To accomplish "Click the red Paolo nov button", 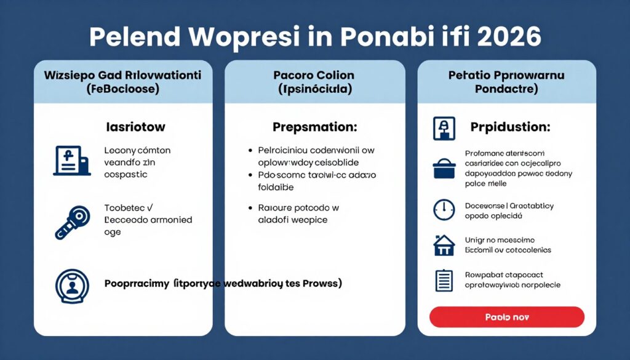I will coord(506,317).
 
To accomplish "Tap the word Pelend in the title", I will coord(129,37).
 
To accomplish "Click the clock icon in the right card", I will coord(444,209).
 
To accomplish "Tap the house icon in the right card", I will coord(444,245).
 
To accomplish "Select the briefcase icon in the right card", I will coord(444,168).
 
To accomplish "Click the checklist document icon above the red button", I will coord(444,280).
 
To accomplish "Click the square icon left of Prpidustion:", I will coord(444,128).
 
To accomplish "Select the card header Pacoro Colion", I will coord(314,76).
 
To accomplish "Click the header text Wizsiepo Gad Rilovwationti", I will coord(123,76).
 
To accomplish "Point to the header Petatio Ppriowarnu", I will coord(506,76).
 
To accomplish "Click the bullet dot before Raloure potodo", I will coord(250,208).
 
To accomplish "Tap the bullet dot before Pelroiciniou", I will coord(250,150).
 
